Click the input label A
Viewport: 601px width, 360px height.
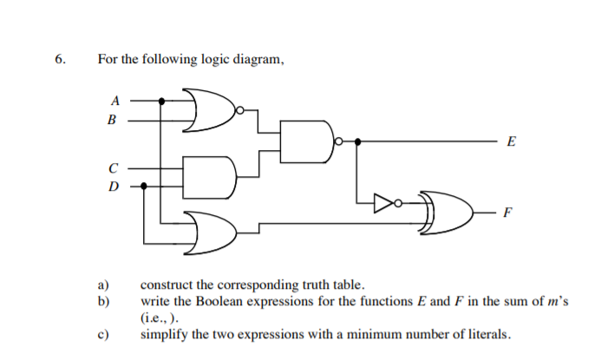(x=110, y=101)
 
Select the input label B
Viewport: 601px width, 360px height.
(x=110, y=121)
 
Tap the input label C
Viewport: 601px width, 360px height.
(x=110, y=165)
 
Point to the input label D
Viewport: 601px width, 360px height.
(x=110, y=185)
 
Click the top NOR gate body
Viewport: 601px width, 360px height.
(x=208, y=110)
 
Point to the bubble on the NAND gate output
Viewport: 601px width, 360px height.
(x=341, y=141)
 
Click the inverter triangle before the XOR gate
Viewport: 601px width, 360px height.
(x=383, y=204)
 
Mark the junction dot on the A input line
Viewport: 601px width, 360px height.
(x=160, y=101)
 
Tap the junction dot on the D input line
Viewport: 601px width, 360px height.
(x=144, y=185)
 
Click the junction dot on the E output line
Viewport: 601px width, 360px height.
(x=359, y=141)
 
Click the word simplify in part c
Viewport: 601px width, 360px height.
(x=164, y=334)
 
